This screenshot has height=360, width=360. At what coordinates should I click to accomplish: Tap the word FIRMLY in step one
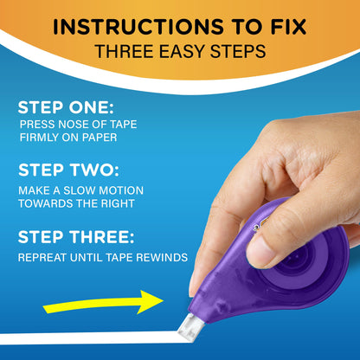[x=38, y=137]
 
